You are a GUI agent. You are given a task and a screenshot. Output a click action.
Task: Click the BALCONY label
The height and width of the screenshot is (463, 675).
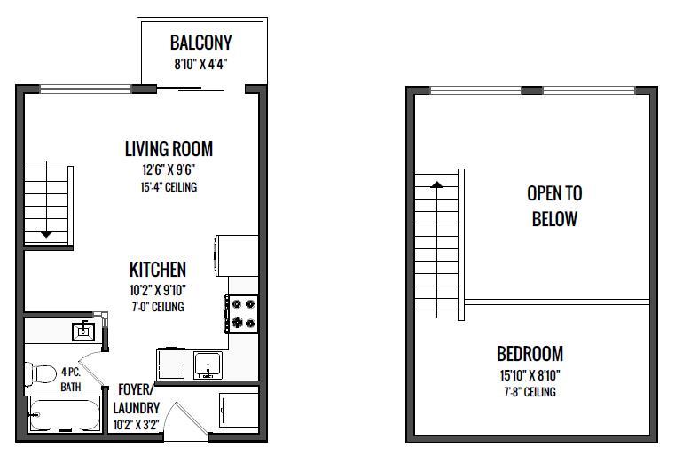click(201, 43)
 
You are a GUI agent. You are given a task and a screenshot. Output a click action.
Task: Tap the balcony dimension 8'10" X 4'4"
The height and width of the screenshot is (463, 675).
click(200, 65)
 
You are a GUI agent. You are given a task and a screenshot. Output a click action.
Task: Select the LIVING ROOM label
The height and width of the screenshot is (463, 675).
click(169, 149)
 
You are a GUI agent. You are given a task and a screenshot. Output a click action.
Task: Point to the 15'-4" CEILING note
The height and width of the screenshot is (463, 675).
click(169, 187)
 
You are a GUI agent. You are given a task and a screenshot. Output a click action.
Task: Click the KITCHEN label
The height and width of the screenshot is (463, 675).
click(158, 270)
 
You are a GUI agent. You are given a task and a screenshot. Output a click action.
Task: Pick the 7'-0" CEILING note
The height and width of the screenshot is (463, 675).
click(158, 307)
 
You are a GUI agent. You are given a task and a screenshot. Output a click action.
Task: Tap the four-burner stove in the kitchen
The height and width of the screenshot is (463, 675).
click(241, 314)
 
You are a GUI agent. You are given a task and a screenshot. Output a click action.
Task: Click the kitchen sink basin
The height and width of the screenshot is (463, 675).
click(208, 365)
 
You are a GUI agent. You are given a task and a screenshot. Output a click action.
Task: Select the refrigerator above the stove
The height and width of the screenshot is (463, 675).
click(237, 255)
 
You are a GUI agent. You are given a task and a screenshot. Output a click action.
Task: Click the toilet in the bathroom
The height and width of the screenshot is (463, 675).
click(42, 373)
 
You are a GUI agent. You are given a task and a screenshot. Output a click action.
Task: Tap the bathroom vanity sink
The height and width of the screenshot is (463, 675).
click(83, 331)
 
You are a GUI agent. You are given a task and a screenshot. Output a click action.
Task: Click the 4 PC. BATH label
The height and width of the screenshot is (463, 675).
click(71, 379)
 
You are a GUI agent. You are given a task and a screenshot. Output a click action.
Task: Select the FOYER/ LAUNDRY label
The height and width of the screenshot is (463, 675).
click(137, 398)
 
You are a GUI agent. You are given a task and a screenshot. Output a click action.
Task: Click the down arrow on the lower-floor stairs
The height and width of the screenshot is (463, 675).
click(46, 234)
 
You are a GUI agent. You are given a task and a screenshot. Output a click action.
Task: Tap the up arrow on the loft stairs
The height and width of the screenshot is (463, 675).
click(437, 184)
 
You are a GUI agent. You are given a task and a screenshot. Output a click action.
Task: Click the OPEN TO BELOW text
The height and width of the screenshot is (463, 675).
click(554, 206)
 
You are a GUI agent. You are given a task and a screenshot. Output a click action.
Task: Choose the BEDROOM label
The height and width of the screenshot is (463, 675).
click(530, 354)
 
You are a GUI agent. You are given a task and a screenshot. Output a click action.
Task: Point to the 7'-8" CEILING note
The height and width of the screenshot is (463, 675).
click(530, 392)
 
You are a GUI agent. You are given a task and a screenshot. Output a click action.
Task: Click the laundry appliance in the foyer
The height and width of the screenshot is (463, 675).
click(239, 410)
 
